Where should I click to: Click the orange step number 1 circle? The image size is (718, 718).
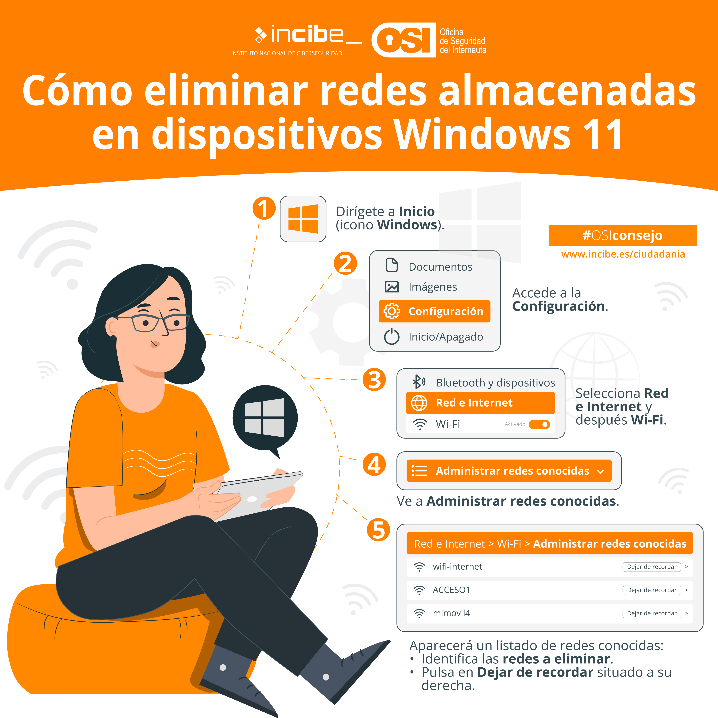(x=264, y=208)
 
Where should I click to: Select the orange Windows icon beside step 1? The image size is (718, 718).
(x=303, y=219)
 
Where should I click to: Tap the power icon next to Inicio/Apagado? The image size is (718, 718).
(x=392, y=337)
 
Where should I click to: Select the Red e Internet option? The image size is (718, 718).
(x=480, y=403)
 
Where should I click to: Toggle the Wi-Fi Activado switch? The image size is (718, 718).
(x=539, y=424)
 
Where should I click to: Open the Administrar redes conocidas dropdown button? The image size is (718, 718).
(x=509, y=471)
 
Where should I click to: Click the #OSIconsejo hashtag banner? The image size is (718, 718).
(x=622, y=235)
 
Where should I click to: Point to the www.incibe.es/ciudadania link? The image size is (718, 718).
(x=623, y=254)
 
